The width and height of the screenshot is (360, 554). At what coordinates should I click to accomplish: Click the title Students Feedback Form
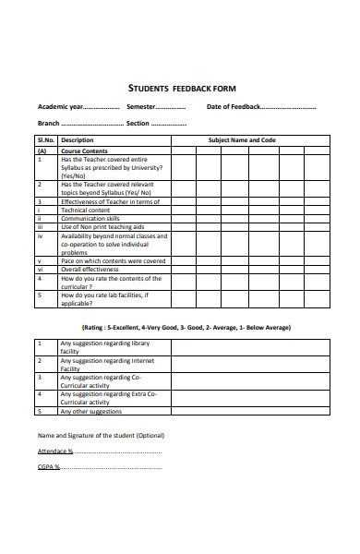[x=182, y=89]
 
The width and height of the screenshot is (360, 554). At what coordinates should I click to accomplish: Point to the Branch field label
[x=49, y=124]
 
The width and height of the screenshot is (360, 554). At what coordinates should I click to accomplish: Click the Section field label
[x=138, y=124]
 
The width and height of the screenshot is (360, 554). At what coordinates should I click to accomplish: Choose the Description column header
[x=78, y=140]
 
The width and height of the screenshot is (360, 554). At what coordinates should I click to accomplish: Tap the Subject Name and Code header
[x=242, y=140]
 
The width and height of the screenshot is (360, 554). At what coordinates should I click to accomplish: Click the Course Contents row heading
[x=84, y=151]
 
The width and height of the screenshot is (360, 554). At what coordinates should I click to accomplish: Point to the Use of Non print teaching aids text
[x=103, y=226]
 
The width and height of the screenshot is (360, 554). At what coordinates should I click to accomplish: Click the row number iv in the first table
[x=41, y=235]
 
